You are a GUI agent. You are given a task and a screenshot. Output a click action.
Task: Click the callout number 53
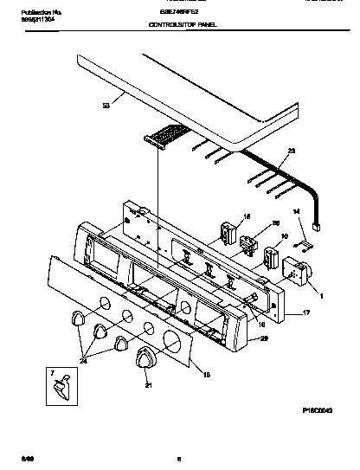(106, 106)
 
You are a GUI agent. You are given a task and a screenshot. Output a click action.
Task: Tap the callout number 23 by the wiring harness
(291, 152)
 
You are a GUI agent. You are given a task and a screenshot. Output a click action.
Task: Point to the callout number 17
(304, 312)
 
